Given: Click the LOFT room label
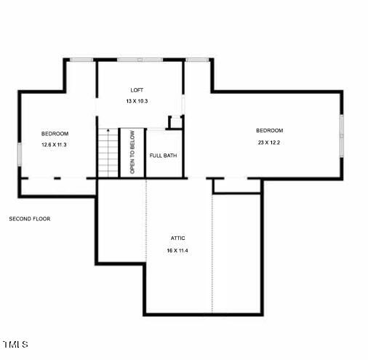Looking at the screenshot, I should point(136,90).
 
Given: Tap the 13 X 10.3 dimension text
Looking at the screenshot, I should point(136,101).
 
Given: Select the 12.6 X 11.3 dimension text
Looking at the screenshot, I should point(55,145).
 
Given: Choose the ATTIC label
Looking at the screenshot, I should point(178,238).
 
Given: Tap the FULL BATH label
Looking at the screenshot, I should point(163,155).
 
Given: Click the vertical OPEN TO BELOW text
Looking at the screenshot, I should point(132,153).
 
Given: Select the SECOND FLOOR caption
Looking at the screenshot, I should point(30,218).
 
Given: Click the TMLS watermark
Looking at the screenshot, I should point(15,344).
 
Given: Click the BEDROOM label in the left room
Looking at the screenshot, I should point(55,134).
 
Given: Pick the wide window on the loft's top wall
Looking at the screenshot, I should point(140,59).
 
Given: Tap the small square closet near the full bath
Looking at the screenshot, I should point(175,121).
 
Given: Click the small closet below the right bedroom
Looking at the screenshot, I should point(236,186).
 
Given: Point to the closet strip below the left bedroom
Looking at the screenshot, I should point(57,187).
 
